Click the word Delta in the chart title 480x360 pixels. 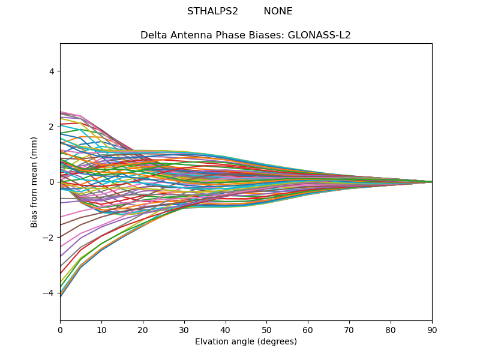point(153,35)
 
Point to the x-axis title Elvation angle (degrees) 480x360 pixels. point(246,342)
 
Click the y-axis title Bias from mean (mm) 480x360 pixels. point(35,182)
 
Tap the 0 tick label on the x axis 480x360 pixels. point(60,329)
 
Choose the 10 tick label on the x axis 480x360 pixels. point(101,329)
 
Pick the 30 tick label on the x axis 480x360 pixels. point(184,329)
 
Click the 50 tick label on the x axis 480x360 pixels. point(266,329)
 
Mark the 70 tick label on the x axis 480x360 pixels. point(349,329)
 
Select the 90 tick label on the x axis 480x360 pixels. point(432,329)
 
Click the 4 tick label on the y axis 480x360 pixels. point(52,71)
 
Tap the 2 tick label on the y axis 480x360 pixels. point(52,127)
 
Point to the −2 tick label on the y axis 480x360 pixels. point(49,238)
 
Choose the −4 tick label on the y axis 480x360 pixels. point(49,293)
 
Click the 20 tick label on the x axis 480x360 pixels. point(143,329)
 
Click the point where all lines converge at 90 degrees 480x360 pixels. point(431,182)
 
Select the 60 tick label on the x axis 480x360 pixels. point(308,329)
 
